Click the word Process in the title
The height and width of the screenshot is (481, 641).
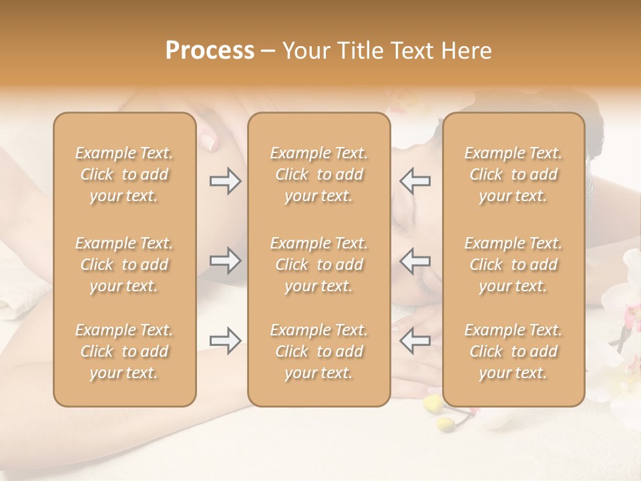click(210, 51)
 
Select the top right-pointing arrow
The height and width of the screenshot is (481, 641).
click(225, 181)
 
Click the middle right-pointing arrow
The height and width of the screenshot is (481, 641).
click(225, 261)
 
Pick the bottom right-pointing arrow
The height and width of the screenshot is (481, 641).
click(225, 341)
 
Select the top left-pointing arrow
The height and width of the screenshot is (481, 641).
click(415, 181)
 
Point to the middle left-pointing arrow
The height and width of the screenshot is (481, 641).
click(415, 261)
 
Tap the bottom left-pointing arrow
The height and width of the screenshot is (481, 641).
click(415, 341)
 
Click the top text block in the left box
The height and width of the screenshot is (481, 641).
click(124, 174)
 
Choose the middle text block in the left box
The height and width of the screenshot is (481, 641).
click(124, 265)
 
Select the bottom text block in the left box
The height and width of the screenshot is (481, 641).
click(124, 351)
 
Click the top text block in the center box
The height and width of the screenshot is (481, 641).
click(319, 174)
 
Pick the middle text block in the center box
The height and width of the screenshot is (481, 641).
click(319, 265)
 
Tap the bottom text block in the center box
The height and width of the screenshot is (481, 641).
click(319, 351)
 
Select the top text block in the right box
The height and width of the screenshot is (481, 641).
click(513, 174)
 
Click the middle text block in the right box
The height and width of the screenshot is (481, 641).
click(513, 265)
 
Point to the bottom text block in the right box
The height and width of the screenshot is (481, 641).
click(513, 351)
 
